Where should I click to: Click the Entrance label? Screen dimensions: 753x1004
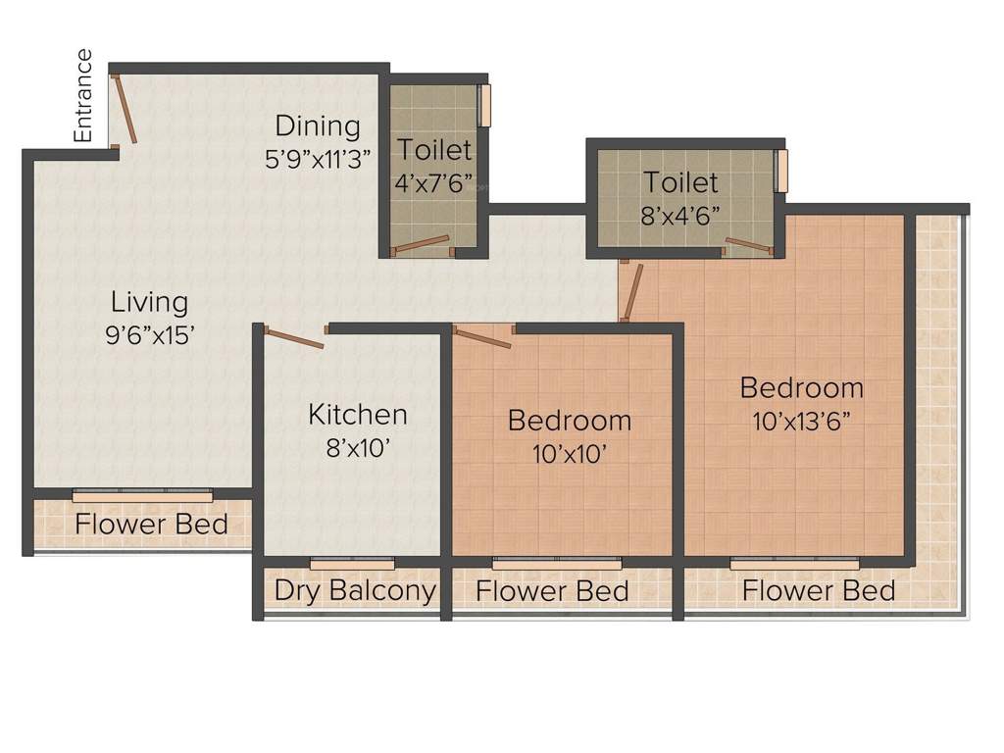point(84,96)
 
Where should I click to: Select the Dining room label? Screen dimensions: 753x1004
point(317,125)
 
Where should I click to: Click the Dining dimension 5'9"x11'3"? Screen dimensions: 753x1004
point(317,158)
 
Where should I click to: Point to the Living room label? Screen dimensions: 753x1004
point(149,301)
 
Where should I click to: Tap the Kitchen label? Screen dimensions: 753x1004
point(357,414)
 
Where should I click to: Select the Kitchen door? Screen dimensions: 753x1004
point(294,338)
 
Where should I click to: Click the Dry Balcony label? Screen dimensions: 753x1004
point(354,590)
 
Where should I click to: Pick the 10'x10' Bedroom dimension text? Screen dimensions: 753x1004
point(569,453)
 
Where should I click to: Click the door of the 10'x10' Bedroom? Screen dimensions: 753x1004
point(482,338)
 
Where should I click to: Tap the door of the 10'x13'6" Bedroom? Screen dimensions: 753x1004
point(633,292)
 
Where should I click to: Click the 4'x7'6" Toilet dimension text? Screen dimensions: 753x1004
point(433,182)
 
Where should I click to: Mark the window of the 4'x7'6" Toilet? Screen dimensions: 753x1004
point(484,106)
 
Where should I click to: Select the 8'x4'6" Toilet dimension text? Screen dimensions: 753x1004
point(680,215)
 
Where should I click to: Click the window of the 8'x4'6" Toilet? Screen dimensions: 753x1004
point(781,171)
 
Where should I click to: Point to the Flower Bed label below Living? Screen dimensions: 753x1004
point(151,524)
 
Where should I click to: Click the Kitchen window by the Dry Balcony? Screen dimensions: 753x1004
point(352,563)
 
